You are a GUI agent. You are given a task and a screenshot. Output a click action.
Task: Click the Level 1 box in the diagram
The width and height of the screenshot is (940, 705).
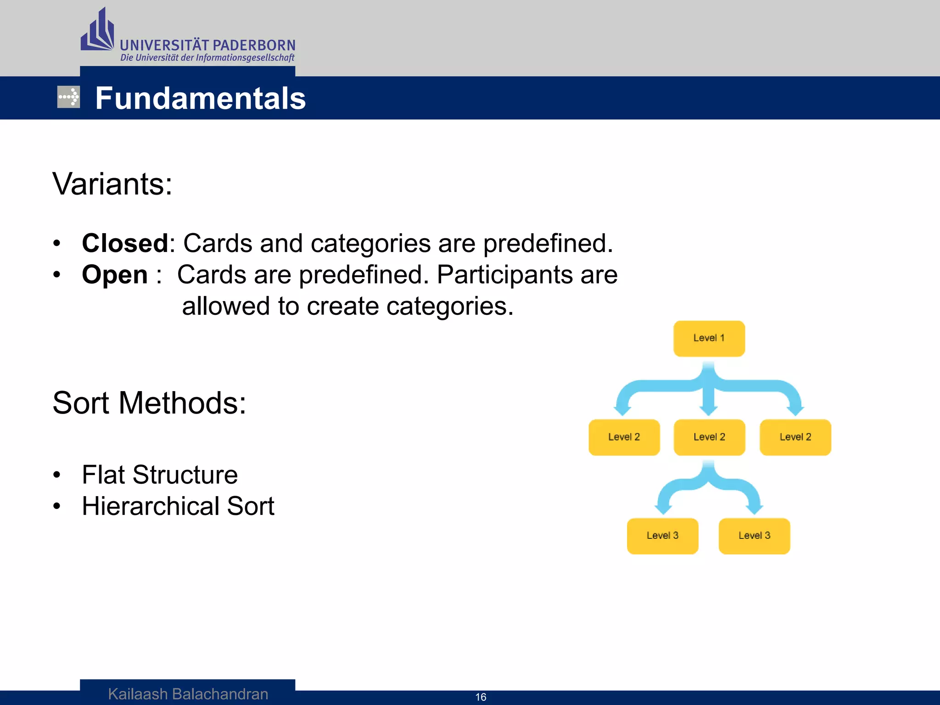pyautogui.click(x=709, y=339)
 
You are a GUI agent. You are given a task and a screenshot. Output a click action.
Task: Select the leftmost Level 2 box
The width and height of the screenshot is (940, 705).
pyautogui.click(x=624, y=437)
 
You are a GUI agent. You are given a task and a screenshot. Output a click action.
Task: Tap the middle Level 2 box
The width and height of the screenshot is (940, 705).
pyautogui.click(x=709, y=437)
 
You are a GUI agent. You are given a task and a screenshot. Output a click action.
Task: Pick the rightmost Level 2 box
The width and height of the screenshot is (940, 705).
pyautogui.click(x=795, y=437)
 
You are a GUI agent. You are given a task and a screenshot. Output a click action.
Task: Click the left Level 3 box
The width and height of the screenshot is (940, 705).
pyautogui.click(x=662, y=536)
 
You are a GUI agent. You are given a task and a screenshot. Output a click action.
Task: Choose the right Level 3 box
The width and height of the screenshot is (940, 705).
pyautogui.click(x=754, y=536)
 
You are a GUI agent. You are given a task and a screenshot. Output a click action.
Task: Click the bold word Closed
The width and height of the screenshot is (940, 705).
pyautogui.click(x=125, y=243)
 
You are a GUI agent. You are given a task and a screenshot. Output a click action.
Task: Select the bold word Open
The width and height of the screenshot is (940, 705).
pyautogui.click(x=115, y=274)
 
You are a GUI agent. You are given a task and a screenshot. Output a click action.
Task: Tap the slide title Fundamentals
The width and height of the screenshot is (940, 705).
pyautogui.click(x=200, y=98)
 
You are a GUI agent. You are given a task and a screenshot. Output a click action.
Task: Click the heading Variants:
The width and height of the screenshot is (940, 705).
pyautogui.click(x=112, y=184)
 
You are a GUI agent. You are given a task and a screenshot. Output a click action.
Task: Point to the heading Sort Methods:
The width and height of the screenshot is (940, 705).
pyautogui.click(x=149, y=403)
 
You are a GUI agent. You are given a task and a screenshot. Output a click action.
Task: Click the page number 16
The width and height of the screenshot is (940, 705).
pyautogui.click(x=481, y=697)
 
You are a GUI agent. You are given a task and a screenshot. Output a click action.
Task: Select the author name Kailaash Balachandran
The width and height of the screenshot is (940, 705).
pyautogui.click(x=188, y=694)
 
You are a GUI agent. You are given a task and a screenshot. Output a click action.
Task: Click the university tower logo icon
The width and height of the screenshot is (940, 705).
pyautogui.click(x=98, y=31)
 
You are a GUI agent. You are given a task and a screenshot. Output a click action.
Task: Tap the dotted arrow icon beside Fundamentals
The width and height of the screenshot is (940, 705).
pyautogui.click(x=68, y=97)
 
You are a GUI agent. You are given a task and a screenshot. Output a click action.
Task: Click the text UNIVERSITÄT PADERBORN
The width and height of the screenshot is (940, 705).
pyautogui.click(x=207, y=45)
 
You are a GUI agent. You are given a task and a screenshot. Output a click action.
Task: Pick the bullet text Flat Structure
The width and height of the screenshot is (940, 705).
pyautogui.click(x=160, y=475)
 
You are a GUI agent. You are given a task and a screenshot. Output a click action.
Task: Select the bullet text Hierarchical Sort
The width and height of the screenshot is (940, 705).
pyautogui.click(x=178, y=506)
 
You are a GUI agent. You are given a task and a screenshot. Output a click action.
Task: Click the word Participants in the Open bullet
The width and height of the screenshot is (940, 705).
pyautogui.click(x=504, y=275)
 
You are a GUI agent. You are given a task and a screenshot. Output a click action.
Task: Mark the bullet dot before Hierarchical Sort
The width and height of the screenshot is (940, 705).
pyautogui.click(x=56, y=506)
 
